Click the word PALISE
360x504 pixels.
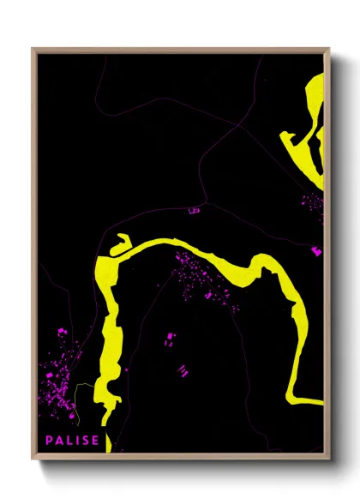coord(73,441)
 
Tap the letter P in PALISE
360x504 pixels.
coord(51,441)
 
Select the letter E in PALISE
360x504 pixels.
coord(95,441)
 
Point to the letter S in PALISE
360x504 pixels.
coord(86,441)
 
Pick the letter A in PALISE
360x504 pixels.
coord(60,441)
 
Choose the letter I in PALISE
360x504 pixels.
coord(77,441)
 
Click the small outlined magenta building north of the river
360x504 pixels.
coord(193,208)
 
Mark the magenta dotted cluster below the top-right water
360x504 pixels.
coord(310,206)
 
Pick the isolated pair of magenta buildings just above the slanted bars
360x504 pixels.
coord(169,340)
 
